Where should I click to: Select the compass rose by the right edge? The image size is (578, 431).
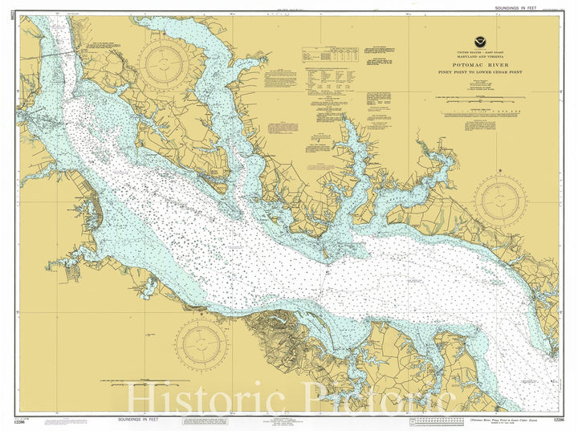point(499,200)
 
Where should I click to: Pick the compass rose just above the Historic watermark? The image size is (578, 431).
point(201,344)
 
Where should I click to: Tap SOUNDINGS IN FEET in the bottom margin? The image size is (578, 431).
point(136,420)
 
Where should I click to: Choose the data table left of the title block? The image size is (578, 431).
point(330,55)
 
